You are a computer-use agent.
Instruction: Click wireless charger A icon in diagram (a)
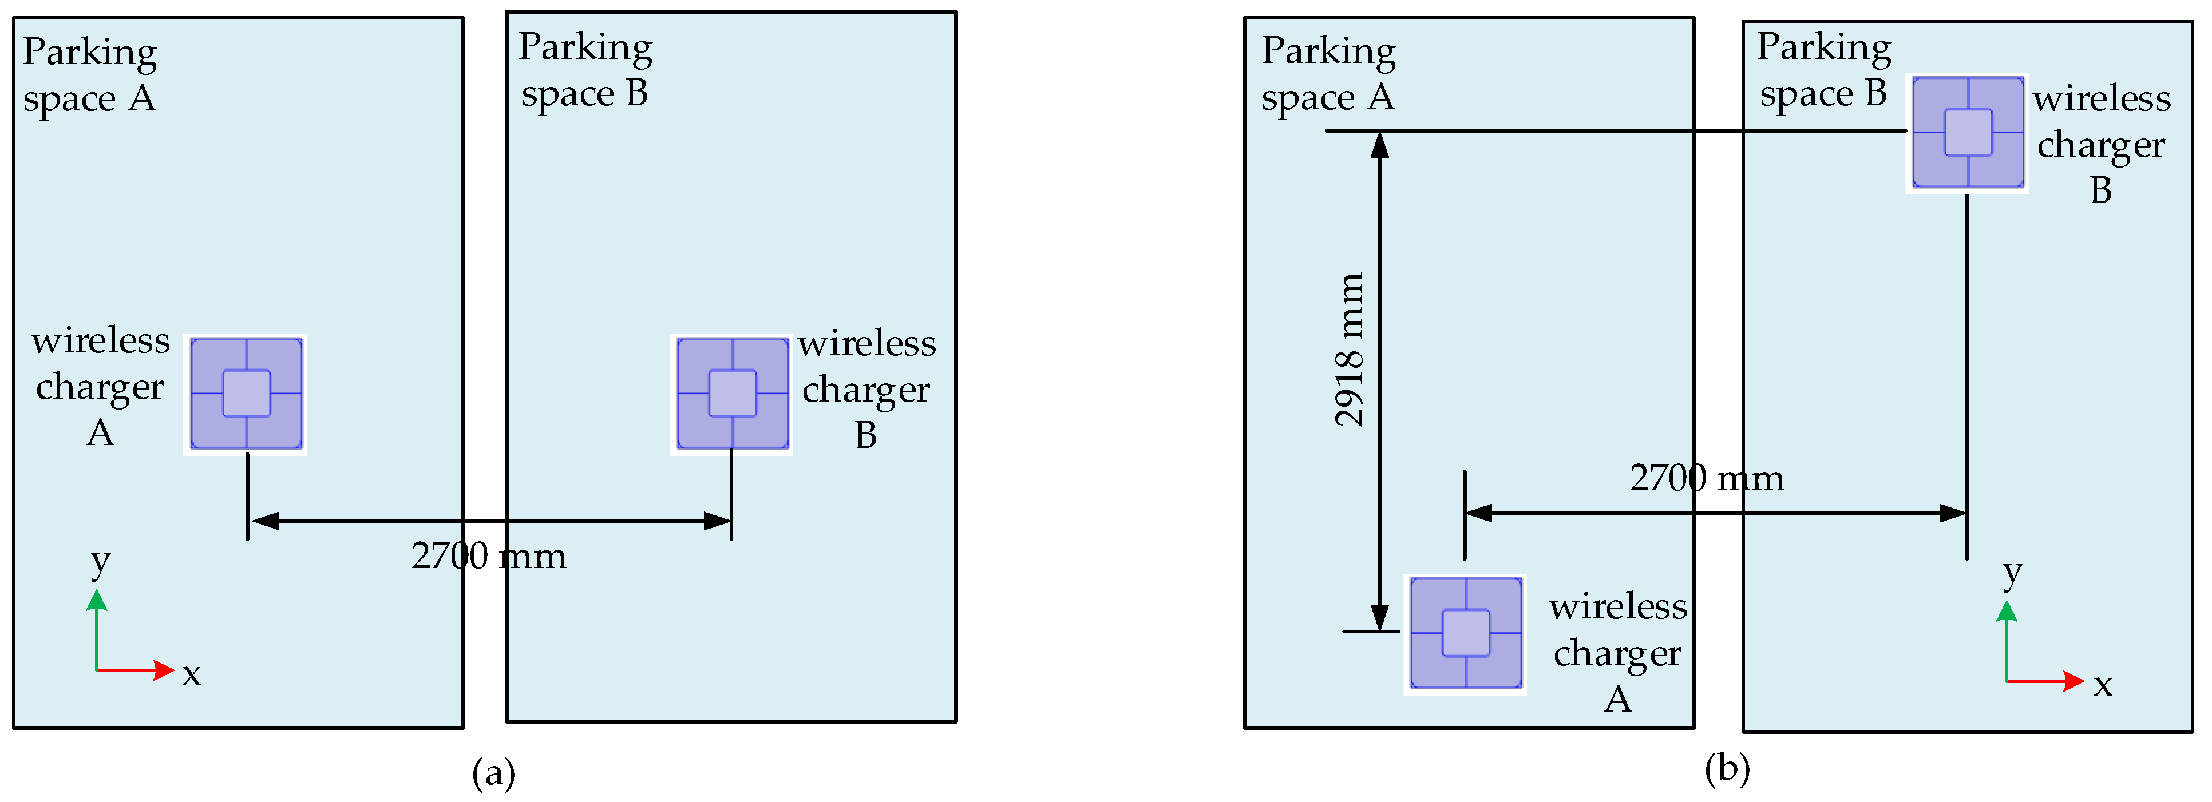[247, 393]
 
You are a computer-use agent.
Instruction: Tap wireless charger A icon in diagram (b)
[1465, 634]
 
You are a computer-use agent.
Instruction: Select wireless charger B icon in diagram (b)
[1967, 132]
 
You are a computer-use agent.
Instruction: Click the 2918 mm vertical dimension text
[1349, 350]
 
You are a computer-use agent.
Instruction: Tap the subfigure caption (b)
[1727, 768]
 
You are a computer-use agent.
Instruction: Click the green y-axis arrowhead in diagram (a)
[97, 599]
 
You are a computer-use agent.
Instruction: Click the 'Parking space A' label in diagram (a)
[89, 75]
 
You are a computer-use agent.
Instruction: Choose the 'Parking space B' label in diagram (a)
[585, 70]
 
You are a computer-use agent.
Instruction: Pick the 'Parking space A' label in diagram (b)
[1328, 74]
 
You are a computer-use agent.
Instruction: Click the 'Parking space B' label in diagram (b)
[1823, 70]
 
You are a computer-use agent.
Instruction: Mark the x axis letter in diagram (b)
[2102, 685]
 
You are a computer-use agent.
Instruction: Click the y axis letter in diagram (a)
[101, 562]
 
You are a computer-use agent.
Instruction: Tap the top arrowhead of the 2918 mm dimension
[1380, 144]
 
